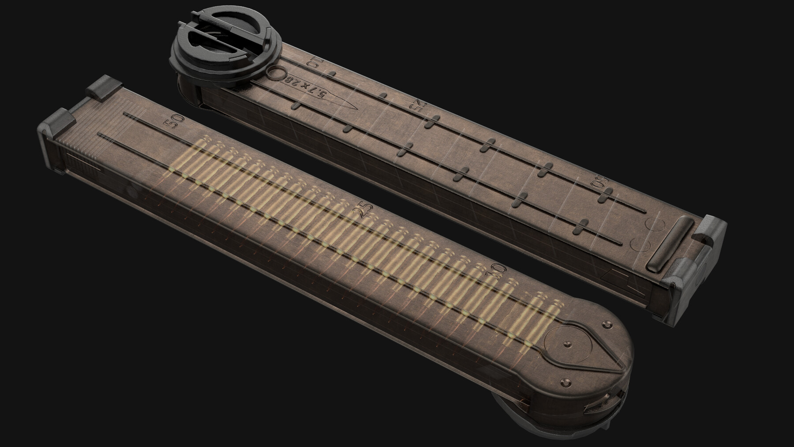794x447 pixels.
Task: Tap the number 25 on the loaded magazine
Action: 366,210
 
